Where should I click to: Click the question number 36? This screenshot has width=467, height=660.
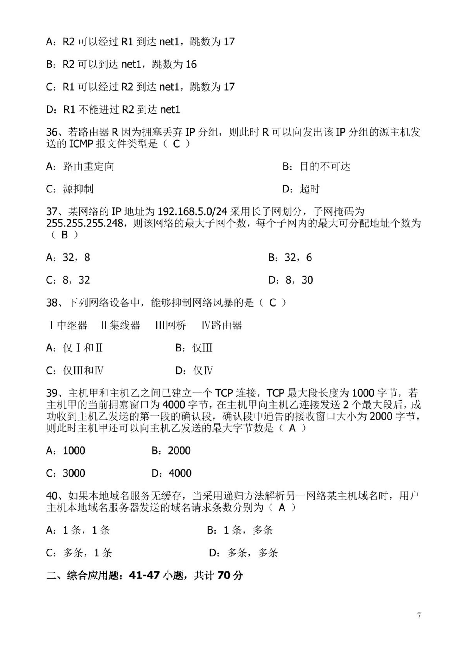[x=52, y=132]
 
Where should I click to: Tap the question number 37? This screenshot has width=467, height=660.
[x=52, y=211]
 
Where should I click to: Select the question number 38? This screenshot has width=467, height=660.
[x=52, y=302]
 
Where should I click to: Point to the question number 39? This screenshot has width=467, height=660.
[x=52, y=393]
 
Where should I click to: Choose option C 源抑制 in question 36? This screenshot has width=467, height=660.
[x=70, y=189]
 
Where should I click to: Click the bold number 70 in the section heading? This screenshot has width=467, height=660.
[x=224, y=575]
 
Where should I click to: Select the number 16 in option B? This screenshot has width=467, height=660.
[x=191, y=64]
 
